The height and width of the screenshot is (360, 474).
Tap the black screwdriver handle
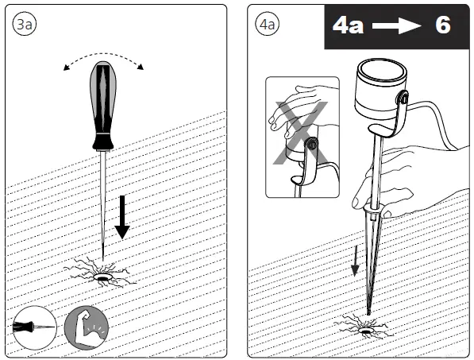pos(103,103)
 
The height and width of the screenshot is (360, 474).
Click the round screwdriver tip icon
pos(33,326)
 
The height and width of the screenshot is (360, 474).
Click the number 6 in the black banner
pos(441,25)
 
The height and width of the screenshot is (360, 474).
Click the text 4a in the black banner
pos(348,25)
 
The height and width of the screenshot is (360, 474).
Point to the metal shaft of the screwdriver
pos(103,199)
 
